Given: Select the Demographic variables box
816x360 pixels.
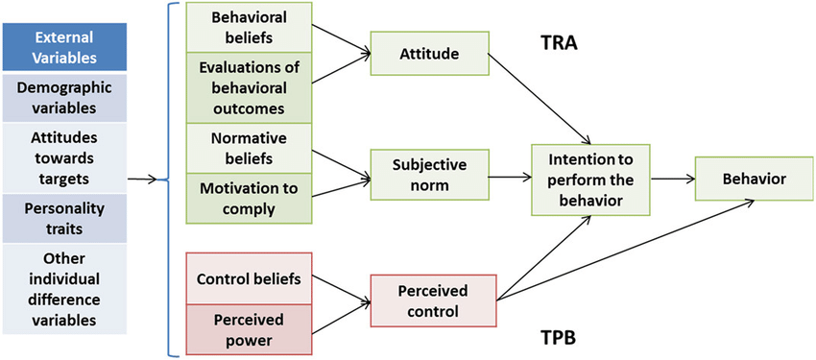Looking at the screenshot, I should click(64, 98).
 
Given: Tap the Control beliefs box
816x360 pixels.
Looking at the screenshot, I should click(249, 279).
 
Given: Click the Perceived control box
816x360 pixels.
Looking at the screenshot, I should click(433, 301).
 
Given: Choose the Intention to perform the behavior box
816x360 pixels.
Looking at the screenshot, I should click(592, 179).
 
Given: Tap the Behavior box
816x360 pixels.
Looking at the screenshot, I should click(742, 179).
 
